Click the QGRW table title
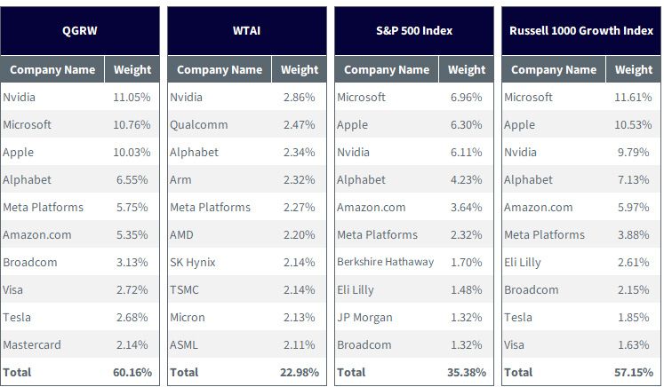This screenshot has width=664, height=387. click(80, 31)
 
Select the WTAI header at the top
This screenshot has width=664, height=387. click(246, 31)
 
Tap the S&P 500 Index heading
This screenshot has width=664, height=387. click(414, 31)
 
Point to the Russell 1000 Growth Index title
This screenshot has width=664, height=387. click(581, 31)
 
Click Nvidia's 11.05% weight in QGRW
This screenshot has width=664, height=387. click(132, 98)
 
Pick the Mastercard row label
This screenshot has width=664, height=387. click(32, 344)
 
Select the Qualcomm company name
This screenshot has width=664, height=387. click(198, 125)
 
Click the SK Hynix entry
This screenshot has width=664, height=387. click(193, 263)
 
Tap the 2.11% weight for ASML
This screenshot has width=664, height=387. click(299, 344)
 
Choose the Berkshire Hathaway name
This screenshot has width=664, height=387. click(386, 262)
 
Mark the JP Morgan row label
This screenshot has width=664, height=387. click(364, 318)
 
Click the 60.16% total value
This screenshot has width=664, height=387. click(132, 372)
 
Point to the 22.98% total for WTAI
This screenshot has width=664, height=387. click(299, 372)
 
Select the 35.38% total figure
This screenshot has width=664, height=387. click(467, 372)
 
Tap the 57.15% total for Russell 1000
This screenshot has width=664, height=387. click(634, 372)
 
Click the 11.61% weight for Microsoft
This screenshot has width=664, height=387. click(633, 98)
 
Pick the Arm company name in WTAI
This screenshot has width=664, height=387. click(180, 180)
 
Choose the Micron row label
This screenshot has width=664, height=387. click(188, 317)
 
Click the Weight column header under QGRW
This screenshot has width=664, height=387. click(132, 69)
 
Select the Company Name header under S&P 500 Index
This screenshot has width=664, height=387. click(387, 70)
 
